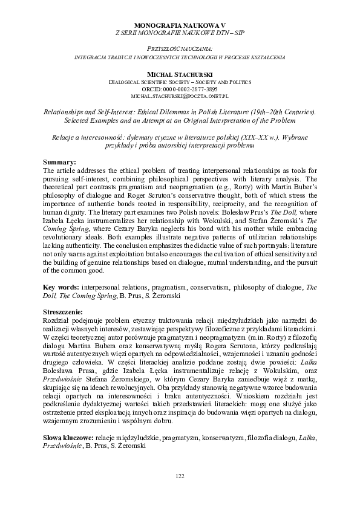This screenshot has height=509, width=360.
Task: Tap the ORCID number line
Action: click(x=180, y=88)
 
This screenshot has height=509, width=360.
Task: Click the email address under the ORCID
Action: click(x=180, y=96)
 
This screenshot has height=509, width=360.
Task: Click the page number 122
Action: click(x=180, y=478)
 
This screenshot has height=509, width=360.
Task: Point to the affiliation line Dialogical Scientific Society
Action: click(x=180, y=80)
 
